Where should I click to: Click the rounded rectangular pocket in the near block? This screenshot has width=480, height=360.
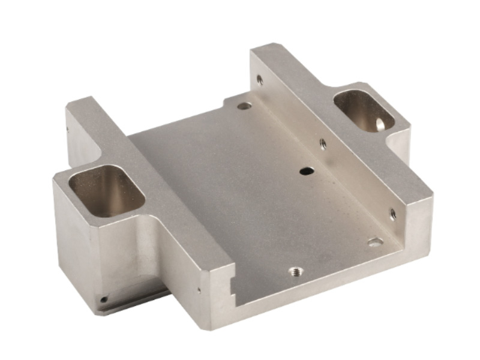point(107,191)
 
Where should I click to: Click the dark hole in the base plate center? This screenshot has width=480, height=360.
point(306,171)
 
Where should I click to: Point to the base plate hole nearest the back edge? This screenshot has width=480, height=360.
point(244,106)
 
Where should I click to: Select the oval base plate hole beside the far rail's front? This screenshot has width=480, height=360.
point(375,242)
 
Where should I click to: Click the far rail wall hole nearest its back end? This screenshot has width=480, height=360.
point(259,79)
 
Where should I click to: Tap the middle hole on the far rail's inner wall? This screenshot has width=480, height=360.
point(323,143)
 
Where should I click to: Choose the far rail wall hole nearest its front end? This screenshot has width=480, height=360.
point(392,213)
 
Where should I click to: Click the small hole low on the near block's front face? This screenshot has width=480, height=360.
point(104,298)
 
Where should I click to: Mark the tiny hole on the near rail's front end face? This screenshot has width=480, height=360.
point(199,290)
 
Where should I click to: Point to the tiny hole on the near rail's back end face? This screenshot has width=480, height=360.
point(67,128)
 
